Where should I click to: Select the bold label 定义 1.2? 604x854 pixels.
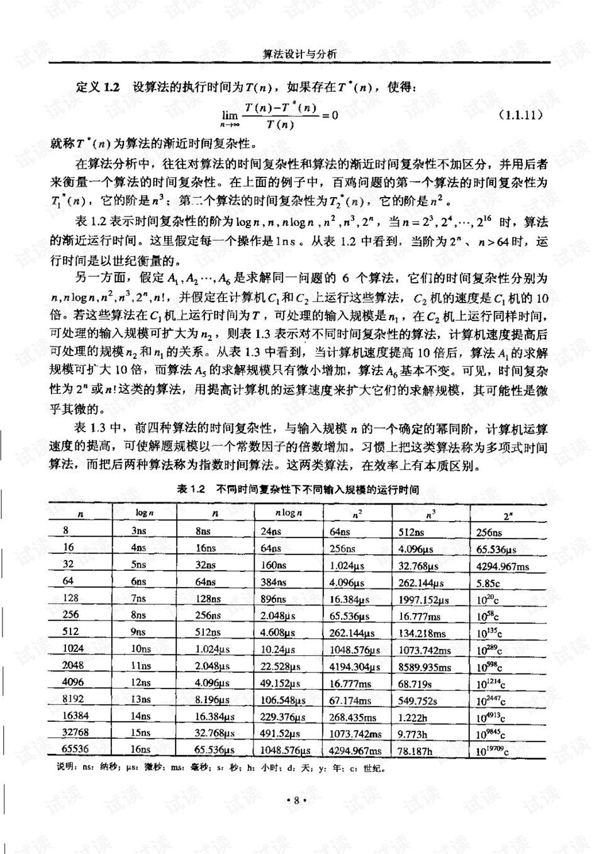[98, 87]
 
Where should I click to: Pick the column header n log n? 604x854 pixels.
[289, 513]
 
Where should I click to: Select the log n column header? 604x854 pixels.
[145, 513]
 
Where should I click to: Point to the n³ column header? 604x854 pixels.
[430, 515]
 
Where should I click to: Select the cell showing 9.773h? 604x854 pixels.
[413, 734]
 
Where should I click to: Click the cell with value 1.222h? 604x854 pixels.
[413, 717]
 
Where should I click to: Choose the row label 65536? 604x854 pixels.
[75, 750]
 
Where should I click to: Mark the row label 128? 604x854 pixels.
[70, 598]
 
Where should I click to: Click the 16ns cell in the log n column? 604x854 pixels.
[141, 750]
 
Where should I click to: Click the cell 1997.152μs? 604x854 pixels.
[421, 600]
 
